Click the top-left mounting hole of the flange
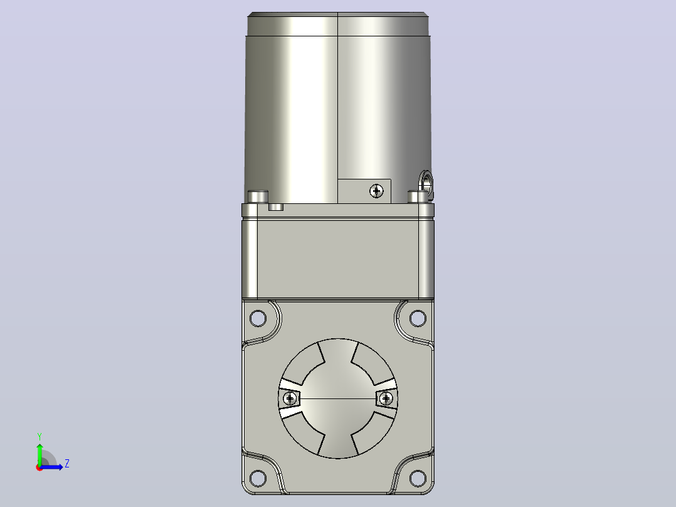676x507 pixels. [258, 318]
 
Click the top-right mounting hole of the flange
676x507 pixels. [418, 318]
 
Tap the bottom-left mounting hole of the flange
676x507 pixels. [258, 478]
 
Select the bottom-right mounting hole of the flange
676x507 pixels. [418, 478]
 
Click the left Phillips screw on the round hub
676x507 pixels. [290, 398]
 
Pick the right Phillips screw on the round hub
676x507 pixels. [386, 398]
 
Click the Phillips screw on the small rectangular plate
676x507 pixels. [376, 191]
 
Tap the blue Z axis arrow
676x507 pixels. [51, 467]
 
